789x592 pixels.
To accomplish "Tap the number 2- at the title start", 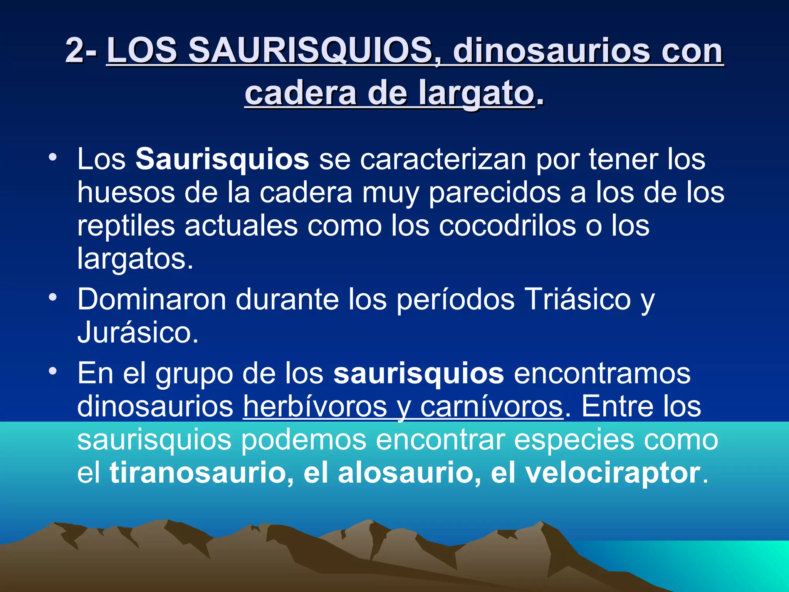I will [81, 50].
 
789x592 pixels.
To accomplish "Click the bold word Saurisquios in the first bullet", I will [222, 159].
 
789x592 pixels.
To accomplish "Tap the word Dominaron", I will [151, 299].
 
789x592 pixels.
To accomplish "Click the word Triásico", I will [578, 299].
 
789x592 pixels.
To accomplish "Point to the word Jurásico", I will [138, 332].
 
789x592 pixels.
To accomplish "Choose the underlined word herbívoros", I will [315, 406].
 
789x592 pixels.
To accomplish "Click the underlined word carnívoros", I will [492, 406].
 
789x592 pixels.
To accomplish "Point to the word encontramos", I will [602, 373].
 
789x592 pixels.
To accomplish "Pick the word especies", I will [574, 440].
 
